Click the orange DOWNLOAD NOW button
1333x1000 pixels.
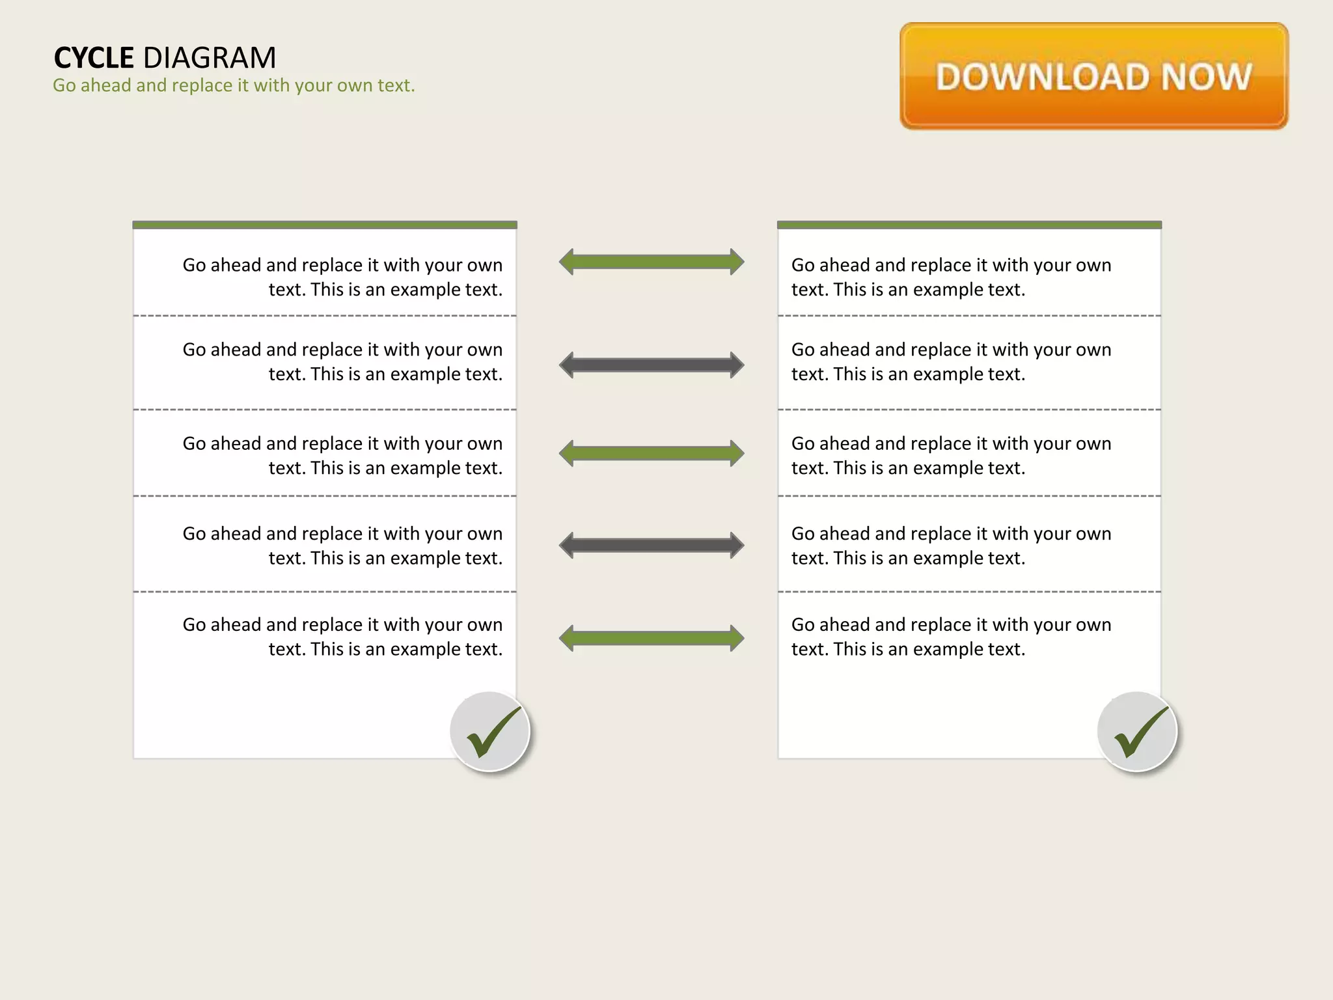pos(1093,76)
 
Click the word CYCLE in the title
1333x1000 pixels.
pos(94,58)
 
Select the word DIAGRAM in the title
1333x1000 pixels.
pos(210,58)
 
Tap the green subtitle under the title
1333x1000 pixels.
pos(234,85)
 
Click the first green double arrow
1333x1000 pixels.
pos(652,262)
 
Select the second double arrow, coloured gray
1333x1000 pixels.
pos(652,365)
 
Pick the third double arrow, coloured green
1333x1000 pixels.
pos(652,453)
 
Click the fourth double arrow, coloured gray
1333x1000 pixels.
pos(652,546)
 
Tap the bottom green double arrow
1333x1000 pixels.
pos(652,638)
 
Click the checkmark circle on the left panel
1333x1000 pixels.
pos(490,732)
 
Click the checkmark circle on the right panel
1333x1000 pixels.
pos(1137,732)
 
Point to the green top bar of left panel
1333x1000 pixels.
pos(325,225)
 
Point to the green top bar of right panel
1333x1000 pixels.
pos(969,225)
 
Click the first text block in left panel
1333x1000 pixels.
pos(342,277)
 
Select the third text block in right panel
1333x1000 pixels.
pos(951,455)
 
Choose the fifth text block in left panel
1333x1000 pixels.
pos(342,636)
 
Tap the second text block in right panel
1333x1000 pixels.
pos(951,361)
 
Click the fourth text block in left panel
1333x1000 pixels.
pos(342,546)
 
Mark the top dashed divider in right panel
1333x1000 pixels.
pos(969,316)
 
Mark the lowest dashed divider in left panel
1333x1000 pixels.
pos(325,592)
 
